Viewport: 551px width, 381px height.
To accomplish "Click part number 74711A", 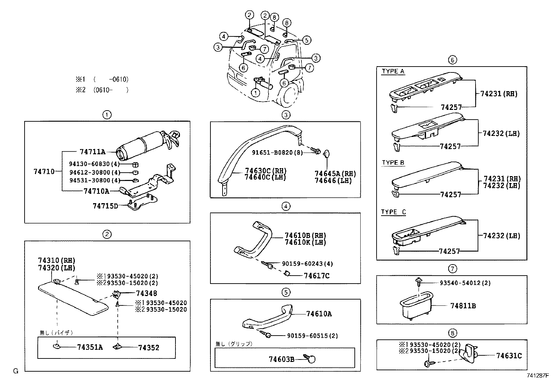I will coord(92,152).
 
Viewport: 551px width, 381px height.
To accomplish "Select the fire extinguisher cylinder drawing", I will coord(142,144).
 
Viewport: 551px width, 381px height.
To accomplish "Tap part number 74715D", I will coord(105,206).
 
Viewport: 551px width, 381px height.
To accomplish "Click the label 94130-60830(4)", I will coord(94,164).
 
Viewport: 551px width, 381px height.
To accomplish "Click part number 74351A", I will coord(90,347).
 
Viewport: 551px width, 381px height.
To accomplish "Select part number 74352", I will coord(149,347).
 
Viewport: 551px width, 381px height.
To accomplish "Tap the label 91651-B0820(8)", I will coord(277,152).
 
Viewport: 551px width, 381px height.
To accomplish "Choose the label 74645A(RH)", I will coord(335,174).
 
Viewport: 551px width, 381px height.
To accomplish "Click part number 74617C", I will coord(316,276).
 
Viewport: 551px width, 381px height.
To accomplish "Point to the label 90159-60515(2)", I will coord(312,336).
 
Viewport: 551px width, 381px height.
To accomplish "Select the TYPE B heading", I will coord(393,163).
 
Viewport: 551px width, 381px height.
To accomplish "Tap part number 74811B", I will coord(463,306).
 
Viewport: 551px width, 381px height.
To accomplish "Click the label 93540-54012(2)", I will coord(465,283).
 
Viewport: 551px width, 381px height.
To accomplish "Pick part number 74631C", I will coord(509,356).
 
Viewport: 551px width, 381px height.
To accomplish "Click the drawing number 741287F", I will coord(538,375).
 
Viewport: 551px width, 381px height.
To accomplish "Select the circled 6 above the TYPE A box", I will coord(452,60).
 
